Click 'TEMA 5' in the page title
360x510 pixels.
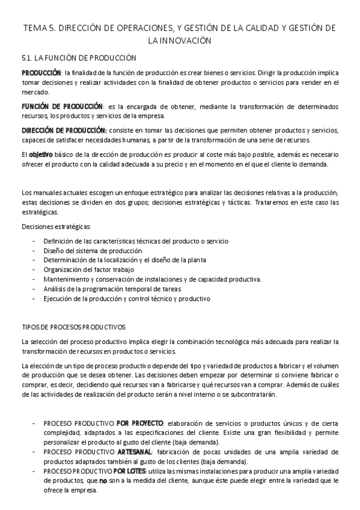[x=37, y=28]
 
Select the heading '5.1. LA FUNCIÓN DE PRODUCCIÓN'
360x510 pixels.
[x=79, y=58]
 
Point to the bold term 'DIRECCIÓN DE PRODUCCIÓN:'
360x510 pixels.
[x=64, y=131]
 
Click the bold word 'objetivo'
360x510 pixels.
[x=41, y=155]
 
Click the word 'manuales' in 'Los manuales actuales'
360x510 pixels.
[x=46, y=192]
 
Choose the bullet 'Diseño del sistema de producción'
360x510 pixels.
[x=93, y=250]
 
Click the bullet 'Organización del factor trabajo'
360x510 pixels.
[x=88, y=269]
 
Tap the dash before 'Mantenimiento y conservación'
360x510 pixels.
[x=33, y=279]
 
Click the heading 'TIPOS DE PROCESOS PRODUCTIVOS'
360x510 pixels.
[x=73, y=327]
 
